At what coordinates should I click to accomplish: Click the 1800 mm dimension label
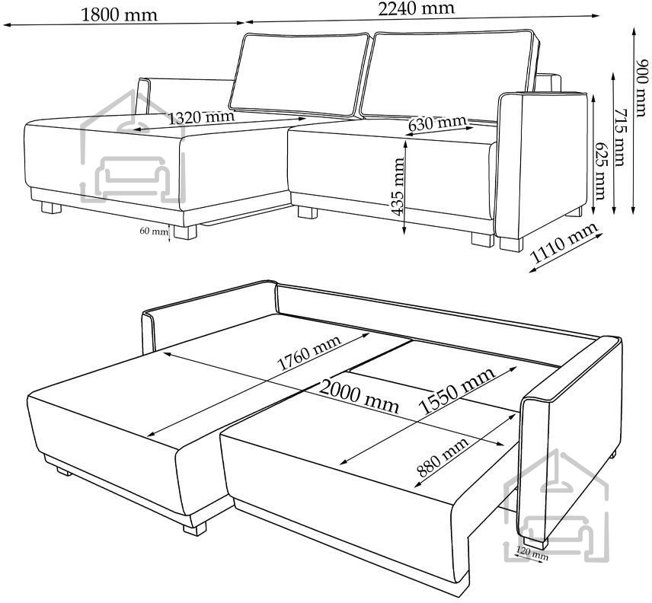pos(120,15)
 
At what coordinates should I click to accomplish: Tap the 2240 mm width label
pos(416,8)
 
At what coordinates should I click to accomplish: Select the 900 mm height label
pos(642,88)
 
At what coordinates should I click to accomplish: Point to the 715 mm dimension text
pos(619,137)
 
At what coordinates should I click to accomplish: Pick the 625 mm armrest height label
pos(600,171)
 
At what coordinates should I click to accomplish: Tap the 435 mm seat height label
pos(398,187)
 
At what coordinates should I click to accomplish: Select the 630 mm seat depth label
pos(437,123)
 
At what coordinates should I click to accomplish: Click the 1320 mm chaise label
pos(201,117)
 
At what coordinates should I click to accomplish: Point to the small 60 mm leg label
pos(153,231)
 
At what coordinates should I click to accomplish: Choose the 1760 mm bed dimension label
pos(308,353)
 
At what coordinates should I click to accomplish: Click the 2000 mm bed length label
pos(360,397)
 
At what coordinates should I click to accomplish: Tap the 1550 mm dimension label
pos(457,391)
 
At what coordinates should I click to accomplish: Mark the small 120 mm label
pos(532,553)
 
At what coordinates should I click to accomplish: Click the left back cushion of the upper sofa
pos(300,75)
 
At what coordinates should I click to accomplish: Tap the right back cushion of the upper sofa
pos(450,75)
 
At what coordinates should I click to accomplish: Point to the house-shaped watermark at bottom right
pos(556,506)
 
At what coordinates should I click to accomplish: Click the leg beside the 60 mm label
pos(185,232)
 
